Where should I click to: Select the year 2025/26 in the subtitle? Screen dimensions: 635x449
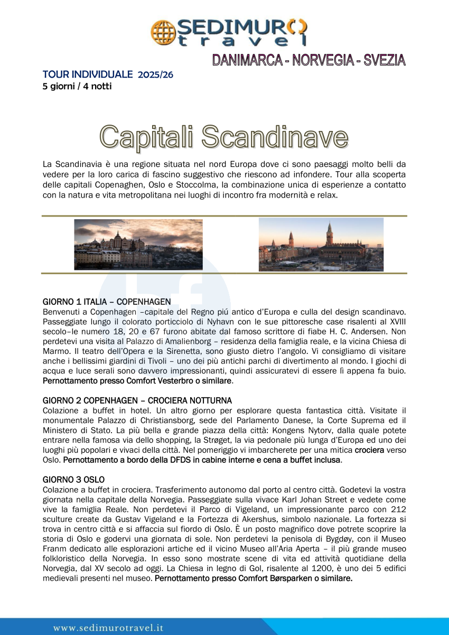(155, 74)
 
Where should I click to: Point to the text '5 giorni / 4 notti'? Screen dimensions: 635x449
(77, 86)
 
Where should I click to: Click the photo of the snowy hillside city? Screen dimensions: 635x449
(138, 245)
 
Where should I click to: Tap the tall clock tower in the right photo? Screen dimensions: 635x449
(330, 236)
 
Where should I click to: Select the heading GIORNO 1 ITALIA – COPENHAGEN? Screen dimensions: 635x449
(107, 302)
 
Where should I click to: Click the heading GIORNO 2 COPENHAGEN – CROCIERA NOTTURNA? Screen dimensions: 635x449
(137, 400)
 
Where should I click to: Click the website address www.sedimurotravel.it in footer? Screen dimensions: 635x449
(108, 628)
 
